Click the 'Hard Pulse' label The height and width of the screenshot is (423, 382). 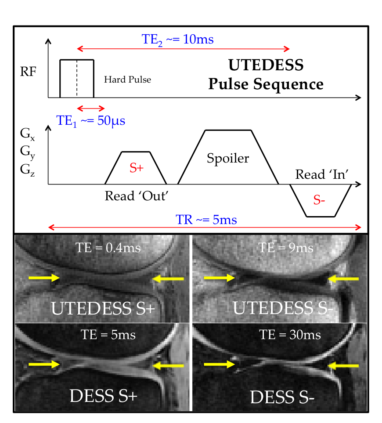(127, 80)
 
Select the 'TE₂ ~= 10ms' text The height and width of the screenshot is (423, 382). (178, 39)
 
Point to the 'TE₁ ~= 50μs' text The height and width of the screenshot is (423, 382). (91, 120)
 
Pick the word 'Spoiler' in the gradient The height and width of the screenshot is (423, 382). (228, 158)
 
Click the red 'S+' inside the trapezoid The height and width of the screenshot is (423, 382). (137, 168)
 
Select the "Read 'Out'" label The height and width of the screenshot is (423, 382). (137, 195)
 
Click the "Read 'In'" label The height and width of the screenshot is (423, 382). (322, 174)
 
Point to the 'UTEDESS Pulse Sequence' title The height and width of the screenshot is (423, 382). (266, 75)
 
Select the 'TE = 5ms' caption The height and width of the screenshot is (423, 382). (108, 335)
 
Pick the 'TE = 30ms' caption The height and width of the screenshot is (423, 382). (290, 335)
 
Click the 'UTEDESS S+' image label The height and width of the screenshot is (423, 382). (103, 308)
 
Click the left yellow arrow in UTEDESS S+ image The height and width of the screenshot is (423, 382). (44, 277)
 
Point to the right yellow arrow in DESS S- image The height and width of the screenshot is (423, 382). (345, 364)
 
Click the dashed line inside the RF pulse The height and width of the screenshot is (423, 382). (77, 78)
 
